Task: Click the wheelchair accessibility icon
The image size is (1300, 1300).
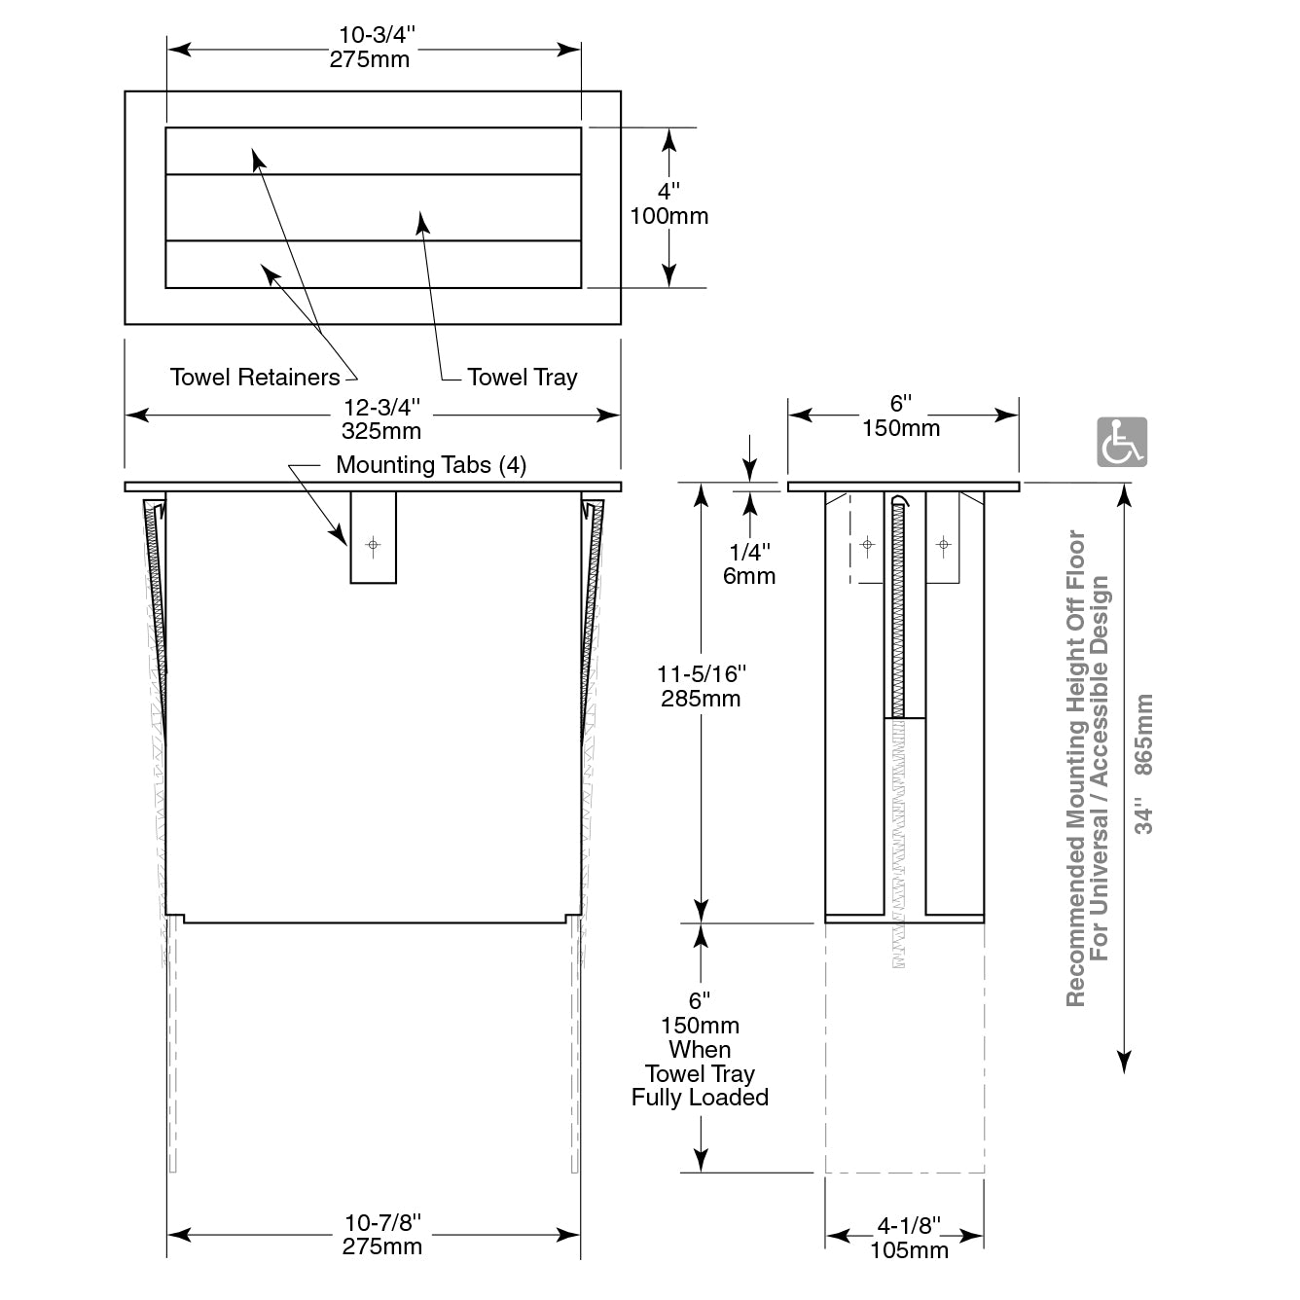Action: click(x=1122, y=442)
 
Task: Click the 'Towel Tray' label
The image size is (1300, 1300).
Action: click(x=522, y=378)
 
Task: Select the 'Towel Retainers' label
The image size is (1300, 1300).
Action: click(x=255, y=378)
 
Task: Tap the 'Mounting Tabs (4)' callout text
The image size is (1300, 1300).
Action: click(x=430, y=465)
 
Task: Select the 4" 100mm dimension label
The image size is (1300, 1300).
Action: click(x=668, y=203)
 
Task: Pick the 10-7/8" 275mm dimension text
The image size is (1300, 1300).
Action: click(x=381, y=1234)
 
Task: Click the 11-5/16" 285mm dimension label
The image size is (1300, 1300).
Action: click(x=701, y=685)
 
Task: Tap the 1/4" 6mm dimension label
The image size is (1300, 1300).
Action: click(x=749, y=563)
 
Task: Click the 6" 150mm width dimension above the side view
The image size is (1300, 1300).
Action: click(x=901, y=415)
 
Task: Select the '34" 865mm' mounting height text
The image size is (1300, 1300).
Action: click(x=1144, y=764)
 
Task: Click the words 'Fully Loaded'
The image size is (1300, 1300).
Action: click(x=700, y=1098)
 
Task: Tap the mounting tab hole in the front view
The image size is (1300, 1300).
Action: click(x=373, y=545)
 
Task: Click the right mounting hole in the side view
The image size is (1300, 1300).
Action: click(x=942, y=544)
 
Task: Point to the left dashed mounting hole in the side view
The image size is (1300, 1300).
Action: click(x=868, y=544)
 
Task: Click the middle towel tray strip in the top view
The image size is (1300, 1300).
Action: click(x=373, y=207)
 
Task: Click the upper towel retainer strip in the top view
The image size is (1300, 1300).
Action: click(x=373, y=151)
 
